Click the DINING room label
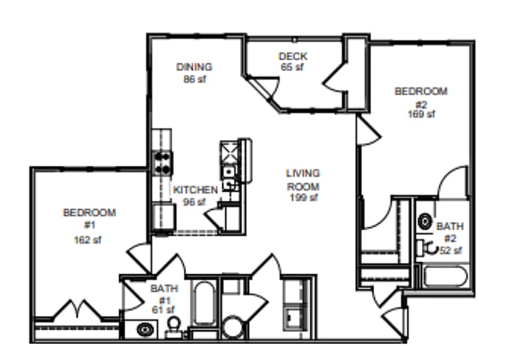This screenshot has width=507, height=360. coord(194,67)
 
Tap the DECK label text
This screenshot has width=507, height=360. coord(293,57)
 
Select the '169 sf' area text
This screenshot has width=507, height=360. coord(421,114)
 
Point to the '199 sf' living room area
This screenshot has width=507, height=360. coord(302,197)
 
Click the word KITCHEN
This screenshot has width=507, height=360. coord(195,190)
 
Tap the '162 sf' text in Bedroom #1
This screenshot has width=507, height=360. coord(88,240)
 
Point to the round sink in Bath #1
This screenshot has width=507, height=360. coord(145,330)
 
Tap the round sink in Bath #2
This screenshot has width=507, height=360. coord(425,221)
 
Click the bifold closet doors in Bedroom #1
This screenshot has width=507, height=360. coord(77,309)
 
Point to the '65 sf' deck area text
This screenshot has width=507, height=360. coord(292,67)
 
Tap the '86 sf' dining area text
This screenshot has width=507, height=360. coord(194,78)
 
